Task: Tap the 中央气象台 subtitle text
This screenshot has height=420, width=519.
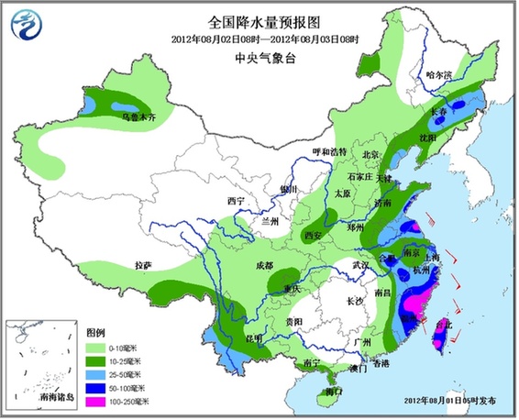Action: pyautogui.click(x=259, y=58)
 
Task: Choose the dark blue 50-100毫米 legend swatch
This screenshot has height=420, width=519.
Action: pyautogui.click(x=96, y=387)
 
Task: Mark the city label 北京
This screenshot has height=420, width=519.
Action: pyautogui.click(x=370, y=155)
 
